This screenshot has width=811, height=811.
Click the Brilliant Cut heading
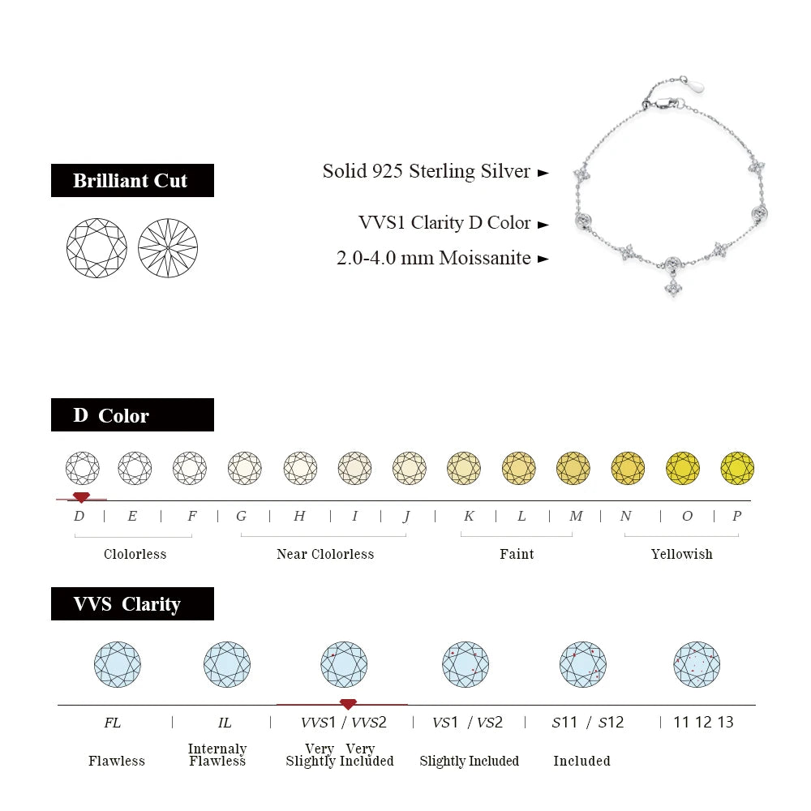pyautogui.click(x=131, y=181)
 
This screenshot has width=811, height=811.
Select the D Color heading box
pyautogui.click(x=131, y=415)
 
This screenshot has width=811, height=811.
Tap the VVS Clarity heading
pyautogui.click(x=131, y=604)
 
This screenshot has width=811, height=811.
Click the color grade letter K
pyautogui.click(x=469, y=516)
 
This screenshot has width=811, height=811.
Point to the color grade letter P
pyautogui.click(x=736, y=516)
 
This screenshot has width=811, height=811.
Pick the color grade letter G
pyautogui.click(x=241, y=516)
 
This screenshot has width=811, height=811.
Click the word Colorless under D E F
pyautogui.click(x=135, y=554)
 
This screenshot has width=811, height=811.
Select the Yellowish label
pyautogui.click(x=681, y=554)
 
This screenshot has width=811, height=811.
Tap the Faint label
pyautogui.click(x=517, y=554)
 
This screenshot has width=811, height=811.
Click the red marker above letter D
pyautogui.click(x=81, y=496)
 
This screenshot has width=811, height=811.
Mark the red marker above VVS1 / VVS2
pyautogui.click(x=348, y=703)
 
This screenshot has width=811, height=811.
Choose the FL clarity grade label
pyautogui.click(x=113, y=722)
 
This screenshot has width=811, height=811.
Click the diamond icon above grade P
pyautogui.click(x=737, y=468)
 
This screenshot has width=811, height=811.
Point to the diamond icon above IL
pyautogui.click(x=226, y=665)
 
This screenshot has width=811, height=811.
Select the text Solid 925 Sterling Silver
pyautogui.click(x=426, y=171)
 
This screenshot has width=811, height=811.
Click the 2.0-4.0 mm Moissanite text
pyautogui.click(x=433, y=258)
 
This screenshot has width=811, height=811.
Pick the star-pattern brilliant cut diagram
pyautogui.click(x=168, y=248)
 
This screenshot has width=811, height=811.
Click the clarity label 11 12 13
pyautogui.click(x=703, y=722)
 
